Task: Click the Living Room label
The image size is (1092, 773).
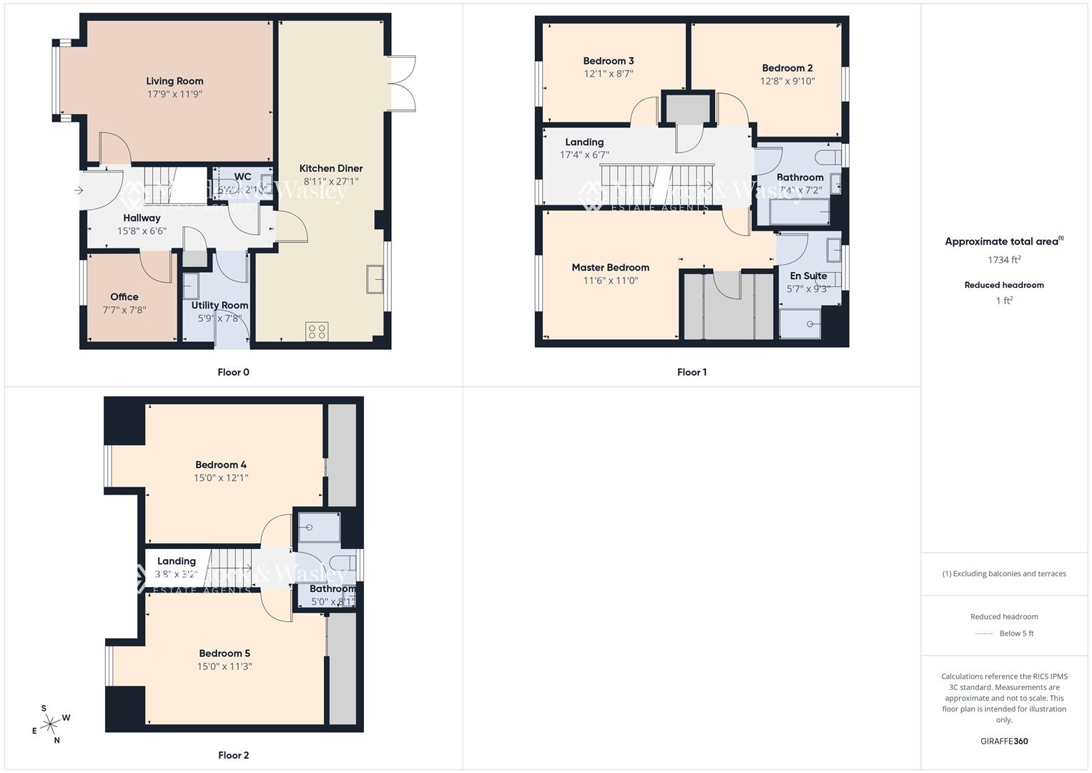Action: (x=174, y=81)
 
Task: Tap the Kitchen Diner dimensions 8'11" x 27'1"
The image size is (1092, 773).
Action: (x=331, y=182)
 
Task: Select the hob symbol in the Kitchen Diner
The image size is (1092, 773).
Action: (x=317, y=331)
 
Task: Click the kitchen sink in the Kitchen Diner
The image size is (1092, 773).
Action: (x=374, y=279)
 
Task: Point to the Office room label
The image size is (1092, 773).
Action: (x=124, y=297)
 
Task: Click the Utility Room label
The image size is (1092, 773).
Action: (x=220, y=305)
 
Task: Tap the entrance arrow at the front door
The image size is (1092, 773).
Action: (x=79, y=190)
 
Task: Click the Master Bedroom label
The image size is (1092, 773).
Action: (x=610, y=268)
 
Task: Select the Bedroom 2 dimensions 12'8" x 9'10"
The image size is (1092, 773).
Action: (x=787, y=82)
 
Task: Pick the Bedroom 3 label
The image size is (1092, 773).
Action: (x=609, y=61)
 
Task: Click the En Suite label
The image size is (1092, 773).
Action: (x=808, y=276)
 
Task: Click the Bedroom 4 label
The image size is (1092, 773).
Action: (x=221, y=465)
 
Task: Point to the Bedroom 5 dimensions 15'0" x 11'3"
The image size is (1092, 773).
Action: (x=225, y=666)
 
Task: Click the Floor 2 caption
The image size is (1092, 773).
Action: (x=234, y=755)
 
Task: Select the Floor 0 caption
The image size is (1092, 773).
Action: (x=234, y=372)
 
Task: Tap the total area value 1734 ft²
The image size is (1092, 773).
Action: (x=1004, y=260)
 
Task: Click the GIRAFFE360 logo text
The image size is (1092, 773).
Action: (x=1004, y=741)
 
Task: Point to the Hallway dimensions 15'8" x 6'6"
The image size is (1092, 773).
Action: (x=142, y=231)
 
